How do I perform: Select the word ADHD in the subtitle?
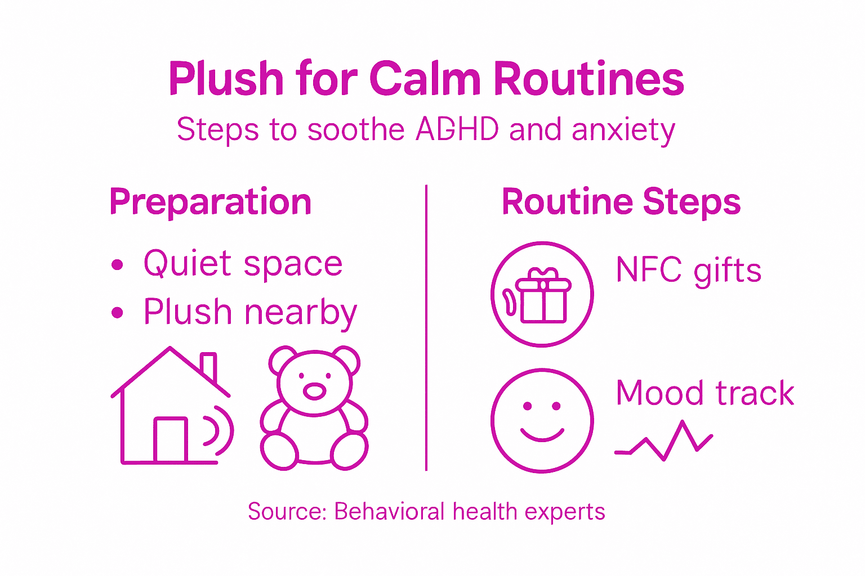[x=457, y=129]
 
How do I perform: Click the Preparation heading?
[x=211, y=202]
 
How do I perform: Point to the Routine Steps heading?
[x=621, y=202]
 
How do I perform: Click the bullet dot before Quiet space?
[x=117, y=264]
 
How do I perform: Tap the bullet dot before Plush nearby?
[x=117, y=313]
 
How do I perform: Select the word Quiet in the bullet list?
[x=188, y=263]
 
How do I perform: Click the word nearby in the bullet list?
[x=301, y=313]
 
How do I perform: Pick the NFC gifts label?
[x=689, y=270]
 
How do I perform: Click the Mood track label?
[x=705, y=393]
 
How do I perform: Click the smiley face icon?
[x=542, y=420]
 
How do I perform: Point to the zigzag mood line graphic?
[x=665, y=442]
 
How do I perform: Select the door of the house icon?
[x=171, y=440]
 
